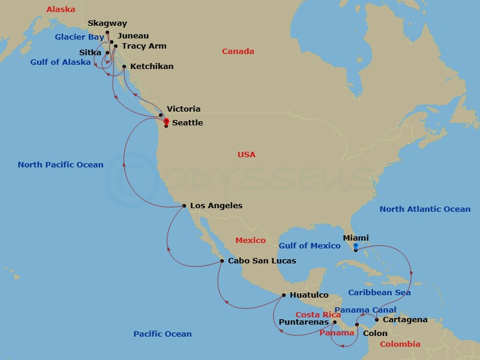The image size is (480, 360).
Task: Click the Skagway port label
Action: [107, 23]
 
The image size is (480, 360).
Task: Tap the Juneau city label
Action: [135, 36]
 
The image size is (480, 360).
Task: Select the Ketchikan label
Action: [152, 67]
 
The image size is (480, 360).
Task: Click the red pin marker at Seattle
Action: [166, 122]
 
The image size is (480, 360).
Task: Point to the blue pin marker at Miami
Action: [356, 246]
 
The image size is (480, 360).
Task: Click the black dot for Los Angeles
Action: [184, 206]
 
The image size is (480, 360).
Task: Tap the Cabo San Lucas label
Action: [262, 261]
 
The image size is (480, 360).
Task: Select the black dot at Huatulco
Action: [284, 295]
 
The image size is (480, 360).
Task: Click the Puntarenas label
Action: [304, 322]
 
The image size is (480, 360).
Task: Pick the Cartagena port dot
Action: [377, 320]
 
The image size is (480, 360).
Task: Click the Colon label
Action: [375, 333]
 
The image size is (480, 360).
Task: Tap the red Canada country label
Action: [238, 52]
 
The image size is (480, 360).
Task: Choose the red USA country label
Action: [246, 155]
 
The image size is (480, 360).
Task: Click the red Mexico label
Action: [250, 241]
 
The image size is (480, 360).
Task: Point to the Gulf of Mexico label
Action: [310, 245]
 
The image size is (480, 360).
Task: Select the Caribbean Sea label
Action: [379, 293]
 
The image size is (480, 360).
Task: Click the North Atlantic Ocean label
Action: [425, 209]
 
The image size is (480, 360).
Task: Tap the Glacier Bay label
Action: [80, 37]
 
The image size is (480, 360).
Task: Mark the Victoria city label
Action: [184, 109]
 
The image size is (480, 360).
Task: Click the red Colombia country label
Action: [400, 344]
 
